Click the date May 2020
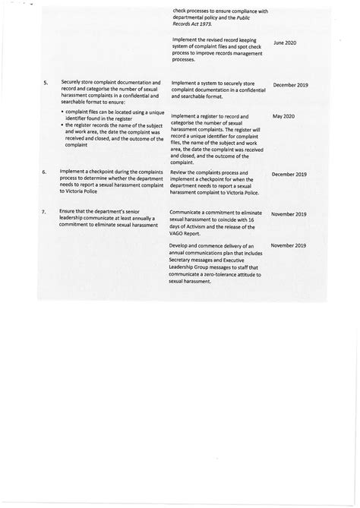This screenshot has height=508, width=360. tap(283, 116)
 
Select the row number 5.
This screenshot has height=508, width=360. tap(46, 82)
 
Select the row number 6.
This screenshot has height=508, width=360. tap(46, 172)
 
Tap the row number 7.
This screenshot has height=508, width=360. tap(46, 213)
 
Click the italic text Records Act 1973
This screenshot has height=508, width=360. tap(193, 24)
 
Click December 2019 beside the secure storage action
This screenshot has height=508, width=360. tap(289, 85)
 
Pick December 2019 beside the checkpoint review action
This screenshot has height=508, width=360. tap(289, 174)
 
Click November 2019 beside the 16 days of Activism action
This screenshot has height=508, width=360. tap(289, 214)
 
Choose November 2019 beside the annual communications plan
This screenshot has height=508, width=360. tap(289, 245)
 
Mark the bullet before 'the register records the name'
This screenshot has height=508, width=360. tap(62, 125)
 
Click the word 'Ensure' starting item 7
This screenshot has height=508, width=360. tap(71, 212)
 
